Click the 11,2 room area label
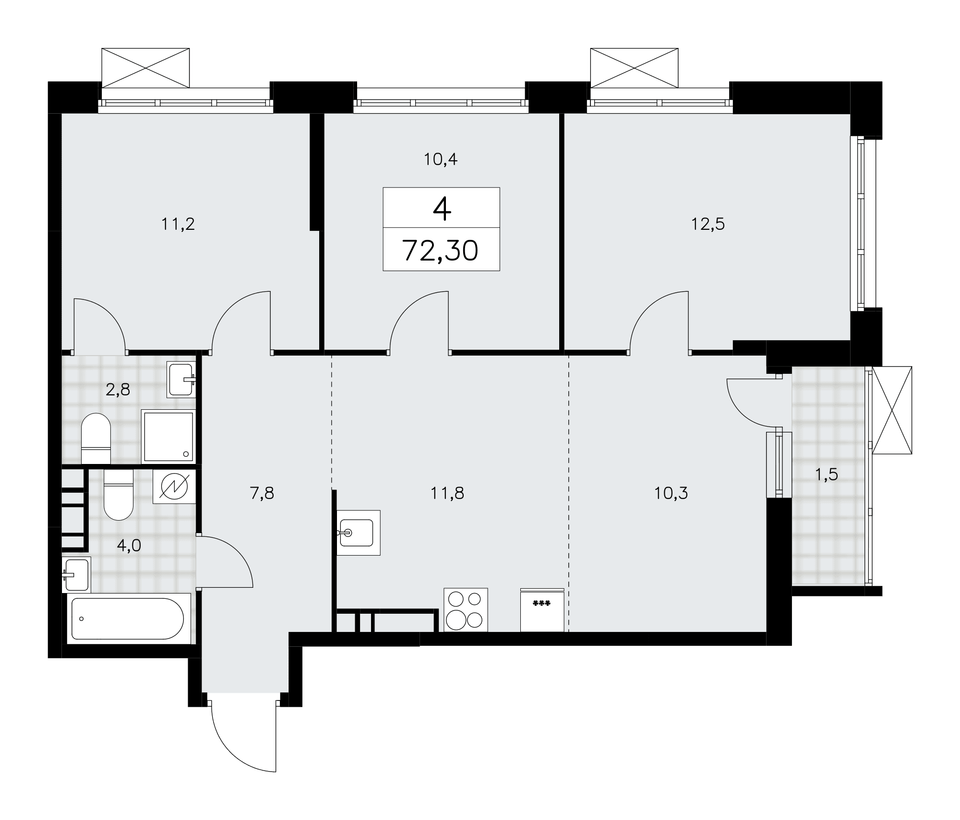click(178, 224)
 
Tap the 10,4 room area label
click(440, 159)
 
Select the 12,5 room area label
click(708, 224)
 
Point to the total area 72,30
click(441, 250)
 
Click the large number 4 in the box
click(442, 209)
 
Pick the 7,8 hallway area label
click(262, 493)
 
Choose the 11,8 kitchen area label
click(447, 493)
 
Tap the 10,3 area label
click(671, 493)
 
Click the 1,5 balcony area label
click(827, 475)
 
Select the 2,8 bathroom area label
click(118, 390)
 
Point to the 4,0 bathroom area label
click(129, 546)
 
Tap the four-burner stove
click(466, 609)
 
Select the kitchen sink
click(358, 533)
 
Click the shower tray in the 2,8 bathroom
click(168, 437)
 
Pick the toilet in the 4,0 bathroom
click(118, 494)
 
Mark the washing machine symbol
click(174, 486)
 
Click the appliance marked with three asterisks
click(542, 609)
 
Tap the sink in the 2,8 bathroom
click(181, 380)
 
